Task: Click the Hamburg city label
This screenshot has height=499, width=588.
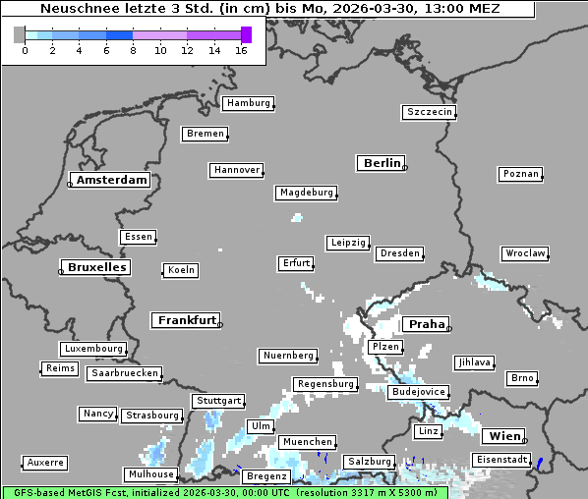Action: pyautogui.click(x=247, y=103)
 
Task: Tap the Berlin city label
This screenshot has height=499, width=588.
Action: pyautogui.click(x=382, y=163)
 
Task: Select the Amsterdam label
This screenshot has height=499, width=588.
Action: pyautogui.click(x=111, y=180)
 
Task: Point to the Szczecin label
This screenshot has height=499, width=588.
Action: pyautogui.click(x=429, y=112)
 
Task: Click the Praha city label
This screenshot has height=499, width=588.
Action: pyautogui.click(x=427, y=324)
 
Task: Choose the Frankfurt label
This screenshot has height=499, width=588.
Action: pyautogui.click(x=187, y=320)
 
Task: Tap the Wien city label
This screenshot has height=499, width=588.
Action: pyautogui.click(x=501, y=436)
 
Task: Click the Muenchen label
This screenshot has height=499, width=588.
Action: pyautogui.click(x=306, y=442)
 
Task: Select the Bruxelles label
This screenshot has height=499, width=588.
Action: pyautogui.click(x=95, y=267)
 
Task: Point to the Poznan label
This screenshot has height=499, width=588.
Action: pyautogui.click(x=520, y=174)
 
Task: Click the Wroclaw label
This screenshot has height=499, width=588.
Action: pyautogui.click(x=524, y=253)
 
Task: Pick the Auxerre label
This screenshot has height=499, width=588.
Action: pyautogui.click(x=45, y=462)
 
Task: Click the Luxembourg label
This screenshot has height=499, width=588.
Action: pyautogui.click(x=93, y=349)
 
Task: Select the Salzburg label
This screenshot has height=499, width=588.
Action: pyautogui.click(x=369, y=462)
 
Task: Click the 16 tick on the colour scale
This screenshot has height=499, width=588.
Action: pyautogui.click(x=241, y=51)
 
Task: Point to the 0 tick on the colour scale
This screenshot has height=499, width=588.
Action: pyautogui.click(x=25, y=51)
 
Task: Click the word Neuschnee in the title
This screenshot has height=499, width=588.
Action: pyautogui.click(x=75, y=9)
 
